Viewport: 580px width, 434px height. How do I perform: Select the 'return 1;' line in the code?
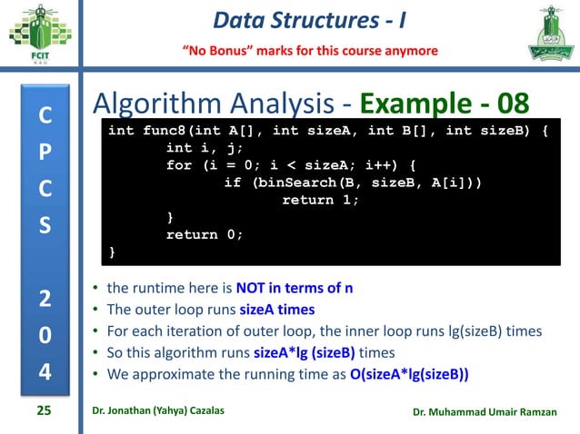tap(321, 200)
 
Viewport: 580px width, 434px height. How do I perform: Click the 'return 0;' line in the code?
tap(205, 234)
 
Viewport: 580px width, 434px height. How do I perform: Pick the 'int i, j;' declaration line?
tap(205, 148)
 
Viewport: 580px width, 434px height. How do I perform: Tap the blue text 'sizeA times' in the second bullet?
tap(277, 310)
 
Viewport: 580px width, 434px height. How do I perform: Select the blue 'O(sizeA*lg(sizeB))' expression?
tap(413, 373)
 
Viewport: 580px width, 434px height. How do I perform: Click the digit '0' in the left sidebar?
tap(45, 336)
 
